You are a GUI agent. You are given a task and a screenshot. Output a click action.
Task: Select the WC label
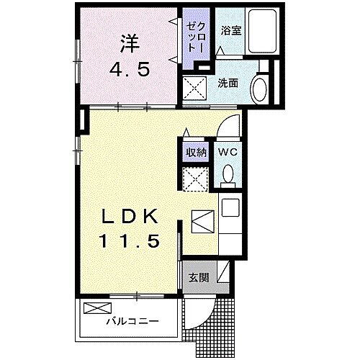[228, 152]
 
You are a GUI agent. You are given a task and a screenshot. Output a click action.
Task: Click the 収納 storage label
[196, 152]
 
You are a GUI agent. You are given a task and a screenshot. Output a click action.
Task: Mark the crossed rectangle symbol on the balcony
[94, 308]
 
